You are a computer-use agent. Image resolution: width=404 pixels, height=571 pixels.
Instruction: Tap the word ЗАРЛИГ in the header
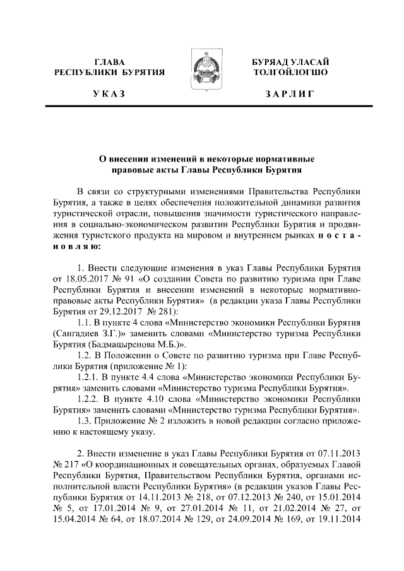click(x=290, y=94)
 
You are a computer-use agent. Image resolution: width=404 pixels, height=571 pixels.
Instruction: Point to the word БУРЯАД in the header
click(x=271, y=62)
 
